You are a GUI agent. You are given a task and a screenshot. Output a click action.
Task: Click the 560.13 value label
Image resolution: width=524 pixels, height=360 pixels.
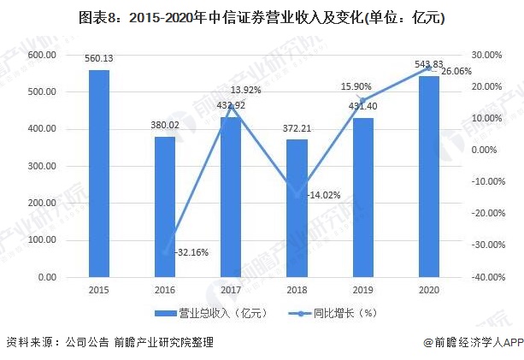[x=99, y=59]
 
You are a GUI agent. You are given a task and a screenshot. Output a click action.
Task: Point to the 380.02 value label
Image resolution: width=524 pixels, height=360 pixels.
[x=164, y=126]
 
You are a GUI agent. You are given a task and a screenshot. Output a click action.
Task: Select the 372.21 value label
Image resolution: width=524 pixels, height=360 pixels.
[x=296, y=128]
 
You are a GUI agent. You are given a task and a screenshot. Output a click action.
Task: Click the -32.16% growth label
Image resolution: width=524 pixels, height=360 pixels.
[x=191, y=253]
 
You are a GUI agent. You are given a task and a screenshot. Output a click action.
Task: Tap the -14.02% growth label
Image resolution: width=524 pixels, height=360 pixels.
[x=323, y=195]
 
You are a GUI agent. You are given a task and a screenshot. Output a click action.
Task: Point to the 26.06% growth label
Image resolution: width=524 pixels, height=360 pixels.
[x=457, y=72]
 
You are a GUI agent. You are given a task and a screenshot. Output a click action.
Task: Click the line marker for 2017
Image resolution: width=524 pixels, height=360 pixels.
[x=230, y=106]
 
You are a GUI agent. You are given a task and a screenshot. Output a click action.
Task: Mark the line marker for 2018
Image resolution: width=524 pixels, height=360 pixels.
[x=296, y=195]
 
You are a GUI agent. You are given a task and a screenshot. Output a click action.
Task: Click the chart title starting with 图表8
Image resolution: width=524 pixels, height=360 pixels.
[x=261, y=16]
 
